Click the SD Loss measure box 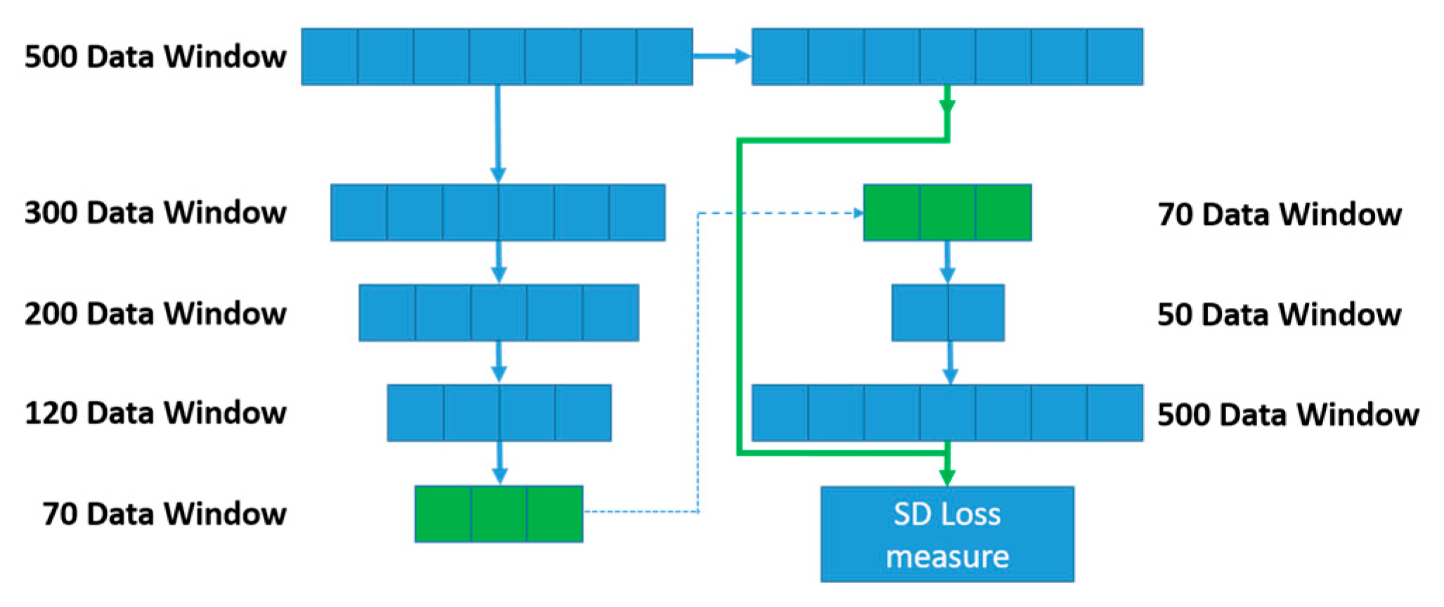[x=947, y=534]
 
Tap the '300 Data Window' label [x=155, y=212]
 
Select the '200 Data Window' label [x=155, y=313]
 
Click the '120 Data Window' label [x=155, y=413]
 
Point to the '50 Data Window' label [x=1279, y=314]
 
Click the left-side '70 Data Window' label [x=164, y=513]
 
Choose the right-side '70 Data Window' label [x=1279, y=214]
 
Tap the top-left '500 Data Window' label [x=155, y=56]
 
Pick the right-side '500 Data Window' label [x=1287, y=414]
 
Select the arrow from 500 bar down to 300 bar [x=498, y=134]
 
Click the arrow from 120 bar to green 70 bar [x=500, y=463]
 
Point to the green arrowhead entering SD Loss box [x=947, y=477]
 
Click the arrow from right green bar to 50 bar [x=947, y=262]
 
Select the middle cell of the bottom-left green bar [x=499, y=513]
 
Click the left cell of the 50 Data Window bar [x=920, y=313]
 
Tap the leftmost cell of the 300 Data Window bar [x=358, y=212]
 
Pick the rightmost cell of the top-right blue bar [x=1114, y=56]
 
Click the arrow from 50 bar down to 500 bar [x=949, y=363]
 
